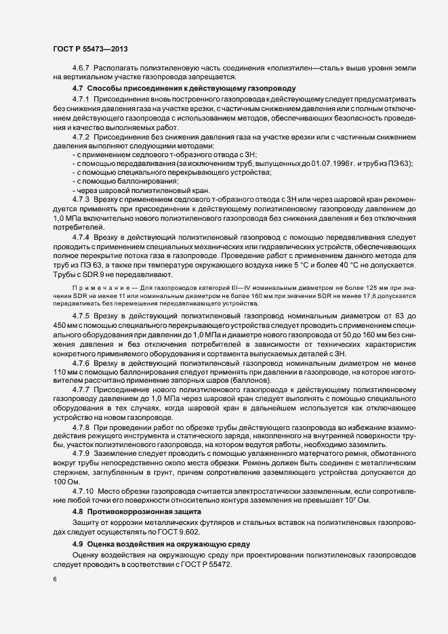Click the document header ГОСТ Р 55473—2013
coord(89,49)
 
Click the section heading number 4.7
coord(77,89)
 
